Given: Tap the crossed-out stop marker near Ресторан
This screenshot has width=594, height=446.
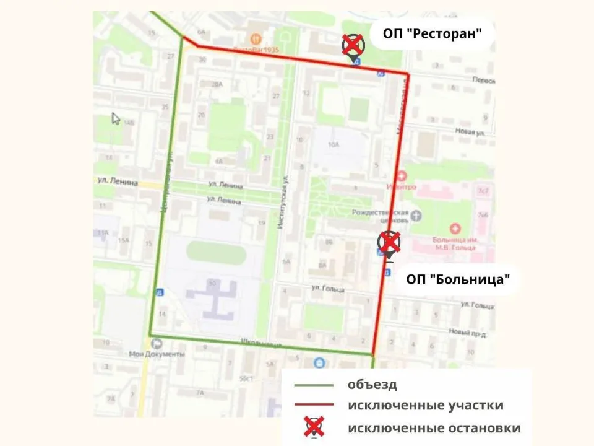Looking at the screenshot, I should [353, 45].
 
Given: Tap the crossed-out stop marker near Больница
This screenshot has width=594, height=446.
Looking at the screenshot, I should [389, 242].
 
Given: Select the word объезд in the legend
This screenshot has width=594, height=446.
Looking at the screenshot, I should [372, 384].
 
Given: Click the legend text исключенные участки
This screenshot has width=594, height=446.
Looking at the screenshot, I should [425, 406].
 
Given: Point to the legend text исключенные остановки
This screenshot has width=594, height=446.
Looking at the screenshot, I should [434, 428].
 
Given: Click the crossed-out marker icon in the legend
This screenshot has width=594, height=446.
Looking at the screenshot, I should [315, 427].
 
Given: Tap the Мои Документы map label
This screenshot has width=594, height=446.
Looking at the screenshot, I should [157, 354].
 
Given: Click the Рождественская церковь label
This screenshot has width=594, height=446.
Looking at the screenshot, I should [379, 216].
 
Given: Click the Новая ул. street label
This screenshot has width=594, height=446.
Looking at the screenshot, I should [469, 132].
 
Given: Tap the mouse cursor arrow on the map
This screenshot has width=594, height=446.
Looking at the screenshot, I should [115, 118].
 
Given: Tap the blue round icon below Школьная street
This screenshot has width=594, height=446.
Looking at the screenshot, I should [319, 362].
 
